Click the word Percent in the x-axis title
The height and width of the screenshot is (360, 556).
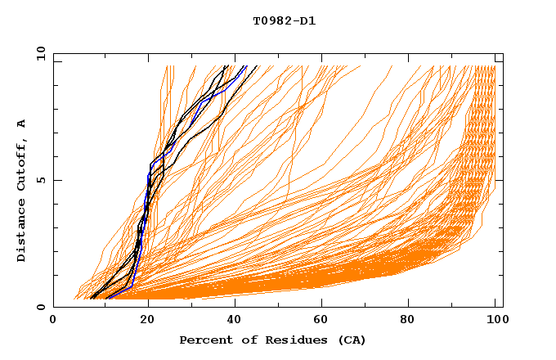(204, 340)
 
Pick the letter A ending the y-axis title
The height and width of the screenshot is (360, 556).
(22, 124)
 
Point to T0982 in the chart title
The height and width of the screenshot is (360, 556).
(274, 21)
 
